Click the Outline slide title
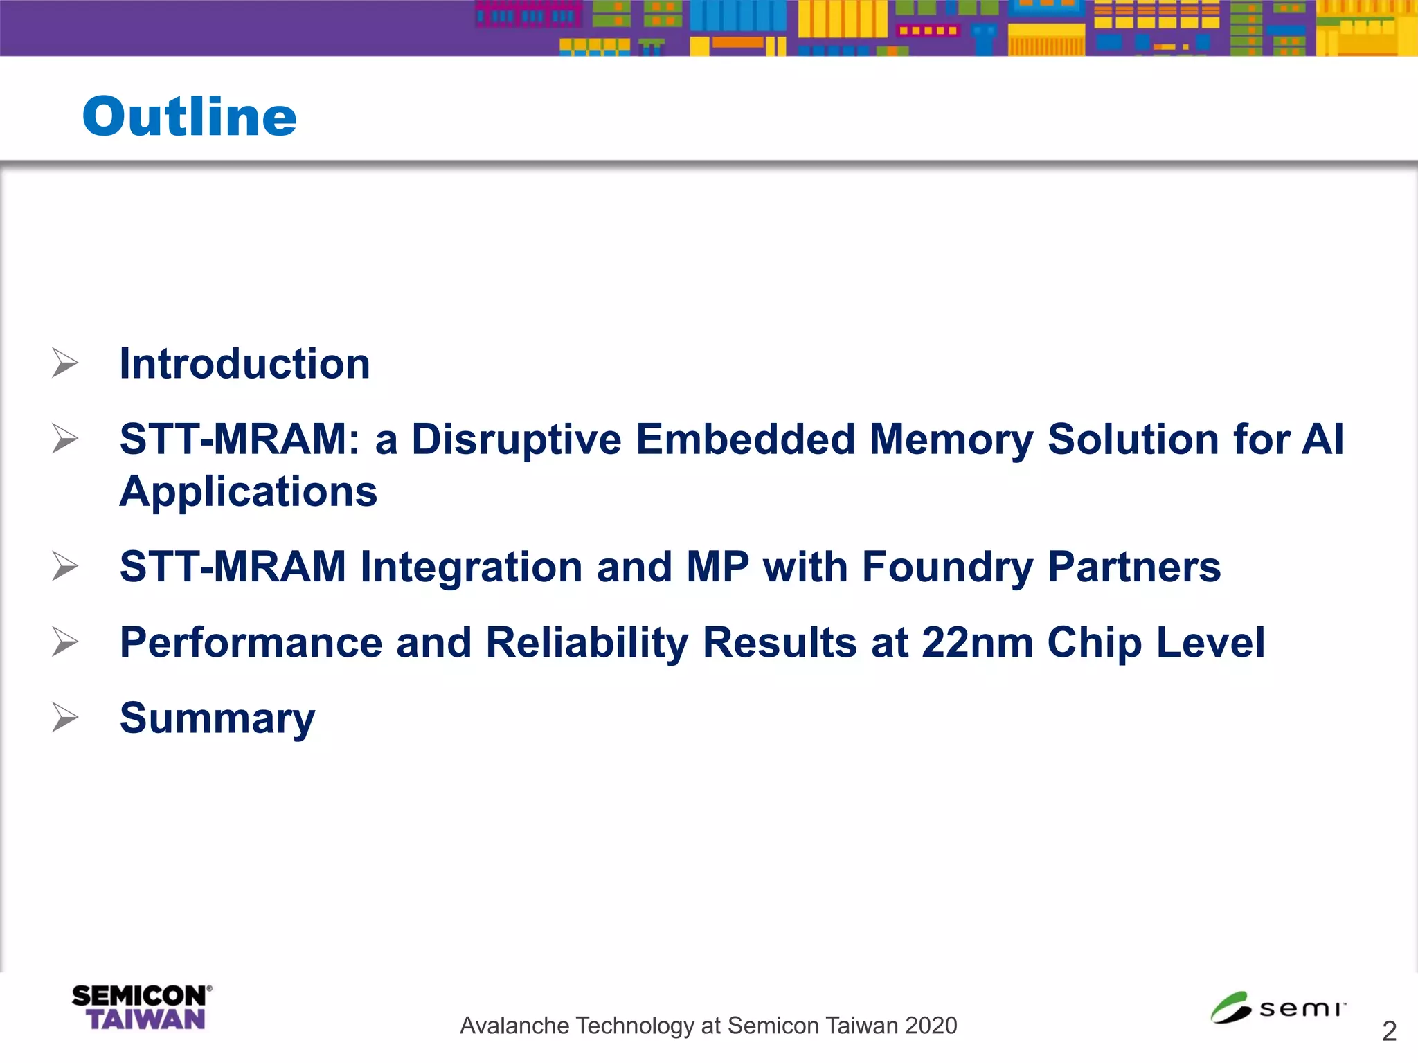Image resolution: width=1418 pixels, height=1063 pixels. click(189, 116)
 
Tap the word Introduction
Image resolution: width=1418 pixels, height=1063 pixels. click(244, 364)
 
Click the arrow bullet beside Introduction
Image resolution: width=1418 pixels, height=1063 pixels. click(65, 363)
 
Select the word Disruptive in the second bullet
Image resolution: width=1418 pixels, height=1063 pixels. click(517, 439)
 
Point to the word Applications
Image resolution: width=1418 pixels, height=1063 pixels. click(249, 491)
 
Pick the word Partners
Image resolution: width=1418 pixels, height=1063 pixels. click(1134, 567)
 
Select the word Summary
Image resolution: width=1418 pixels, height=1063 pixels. click(217, 718)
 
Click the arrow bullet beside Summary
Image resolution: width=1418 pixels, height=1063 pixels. click(65, 717)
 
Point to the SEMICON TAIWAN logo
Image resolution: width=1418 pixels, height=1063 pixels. click(141, 1008)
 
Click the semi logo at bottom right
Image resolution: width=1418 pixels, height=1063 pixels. click(1277, 1008)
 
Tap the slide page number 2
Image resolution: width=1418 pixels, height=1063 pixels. click(1388, 1032)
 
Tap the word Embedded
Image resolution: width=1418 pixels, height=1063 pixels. click(746, 439)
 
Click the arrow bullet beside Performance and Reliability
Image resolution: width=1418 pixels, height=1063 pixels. click(65, 642)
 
